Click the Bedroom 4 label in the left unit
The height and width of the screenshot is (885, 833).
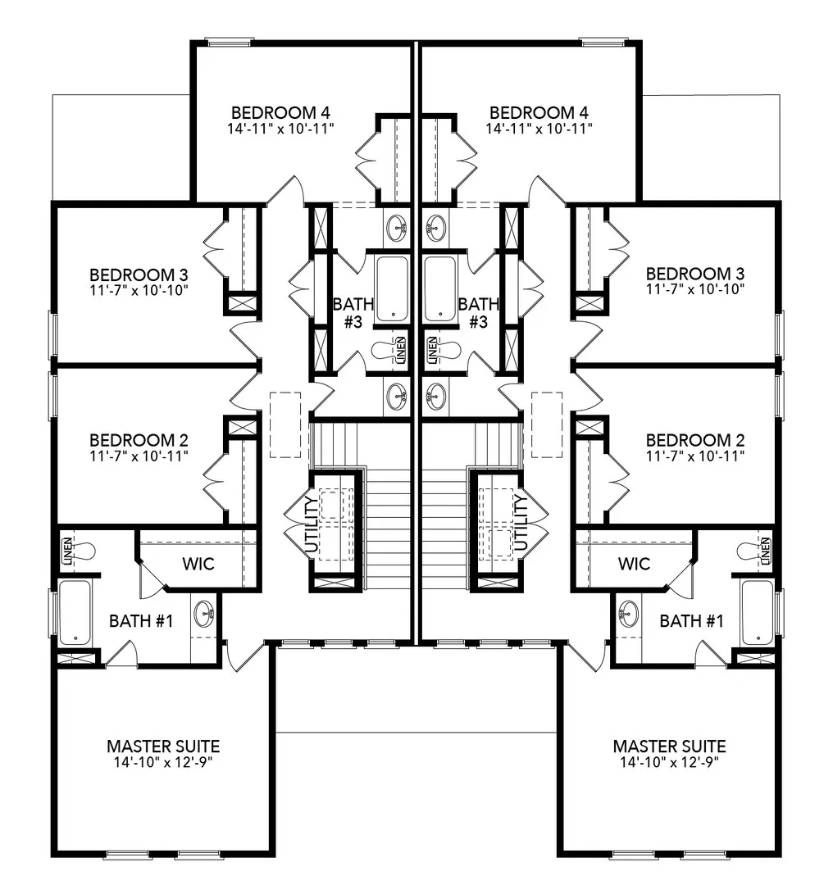tap(280, 112)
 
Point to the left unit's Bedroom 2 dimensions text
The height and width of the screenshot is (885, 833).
tap(139, 455)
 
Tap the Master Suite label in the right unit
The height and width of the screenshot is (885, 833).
tap(669, 747)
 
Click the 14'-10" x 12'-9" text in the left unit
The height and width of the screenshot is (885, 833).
tap(163, 761)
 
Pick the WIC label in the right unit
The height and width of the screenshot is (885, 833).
tap(634, 564)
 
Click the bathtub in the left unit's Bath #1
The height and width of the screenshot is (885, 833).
tap(75, 612)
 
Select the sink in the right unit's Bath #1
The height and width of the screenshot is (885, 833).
tap(630, 613)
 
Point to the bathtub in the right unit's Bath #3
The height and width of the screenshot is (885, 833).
tap(440, 288)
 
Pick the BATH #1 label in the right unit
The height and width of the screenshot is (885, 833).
tap(692, 621)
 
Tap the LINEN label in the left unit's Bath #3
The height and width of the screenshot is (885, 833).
tap(401, 350)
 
